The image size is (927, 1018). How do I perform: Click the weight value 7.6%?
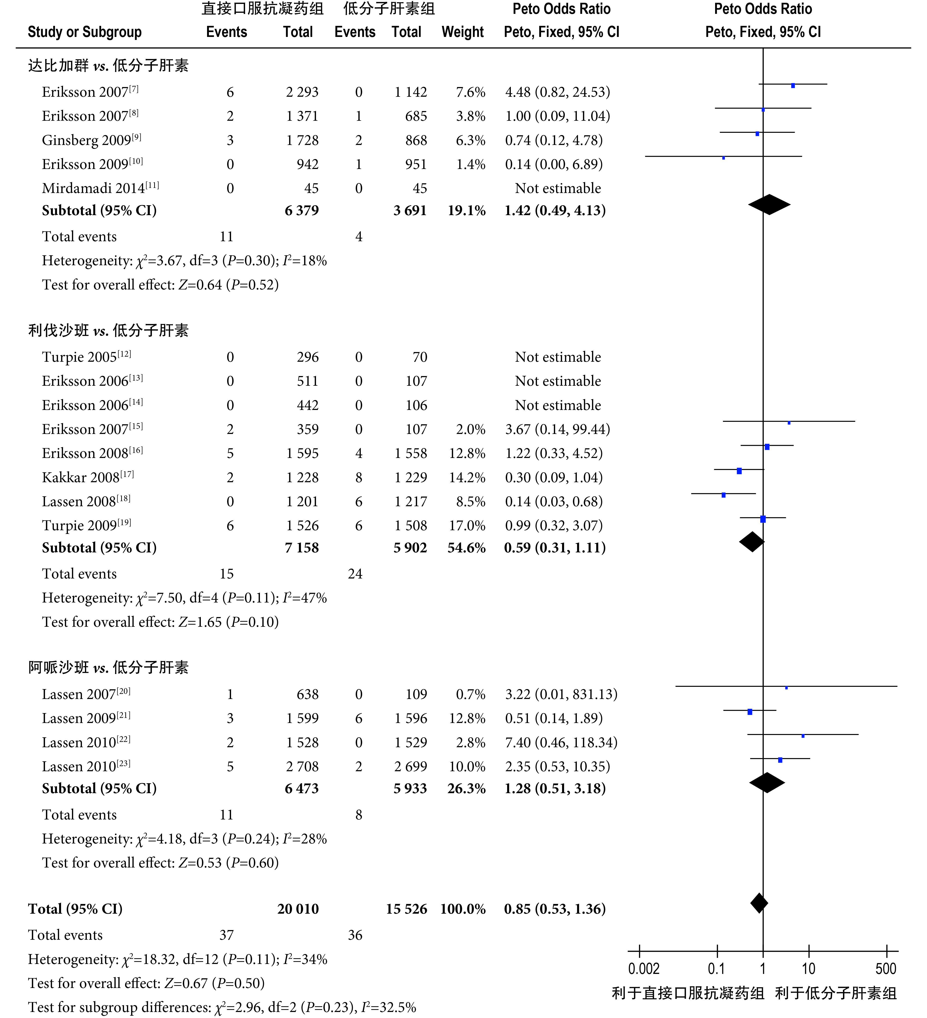(471, 92)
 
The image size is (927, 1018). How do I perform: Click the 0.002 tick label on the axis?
(644, 969)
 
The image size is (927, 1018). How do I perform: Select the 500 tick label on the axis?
(886, 969)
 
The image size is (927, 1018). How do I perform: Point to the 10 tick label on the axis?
(808, 969)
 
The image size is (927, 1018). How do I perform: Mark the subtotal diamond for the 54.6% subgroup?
(752, 542)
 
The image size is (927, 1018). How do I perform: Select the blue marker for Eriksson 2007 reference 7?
(793, 86)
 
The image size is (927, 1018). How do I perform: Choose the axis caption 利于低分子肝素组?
(836, 993)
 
